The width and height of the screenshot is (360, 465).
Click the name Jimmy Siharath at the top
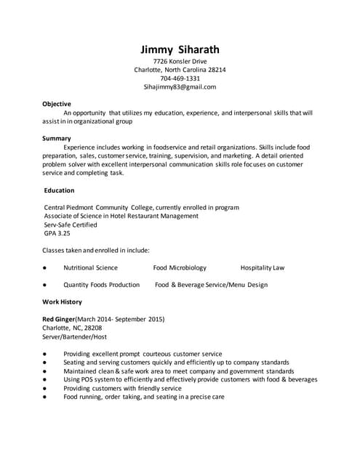180,49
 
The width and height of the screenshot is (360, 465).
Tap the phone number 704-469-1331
180,78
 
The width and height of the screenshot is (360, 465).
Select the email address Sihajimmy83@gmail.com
180,86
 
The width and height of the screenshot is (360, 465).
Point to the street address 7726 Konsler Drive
180,62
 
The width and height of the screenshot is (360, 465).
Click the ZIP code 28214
217,70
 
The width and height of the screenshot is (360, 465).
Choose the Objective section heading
57,104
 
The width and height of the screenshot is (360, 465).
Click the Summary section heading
56,138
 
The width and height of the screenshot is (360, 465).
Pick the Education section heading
59,190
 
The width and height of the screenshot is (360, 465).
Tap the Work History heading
62,302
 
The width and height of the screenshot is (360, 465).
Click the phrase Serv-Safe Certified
71,225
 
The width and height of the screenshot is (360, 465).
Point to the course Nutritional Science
90,267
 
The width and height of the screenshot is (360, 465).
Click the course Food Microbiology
180,267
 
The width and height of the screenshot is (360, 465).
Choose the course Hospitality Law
262,267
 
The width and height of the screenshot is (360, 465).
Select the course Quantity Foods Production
101,285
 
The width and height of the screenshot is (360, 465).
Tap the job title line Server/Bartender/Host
74,336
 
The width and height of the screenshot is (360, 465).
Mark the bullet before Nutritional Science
45,268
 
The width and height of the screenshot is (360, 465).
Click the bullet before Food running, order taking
45,397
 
